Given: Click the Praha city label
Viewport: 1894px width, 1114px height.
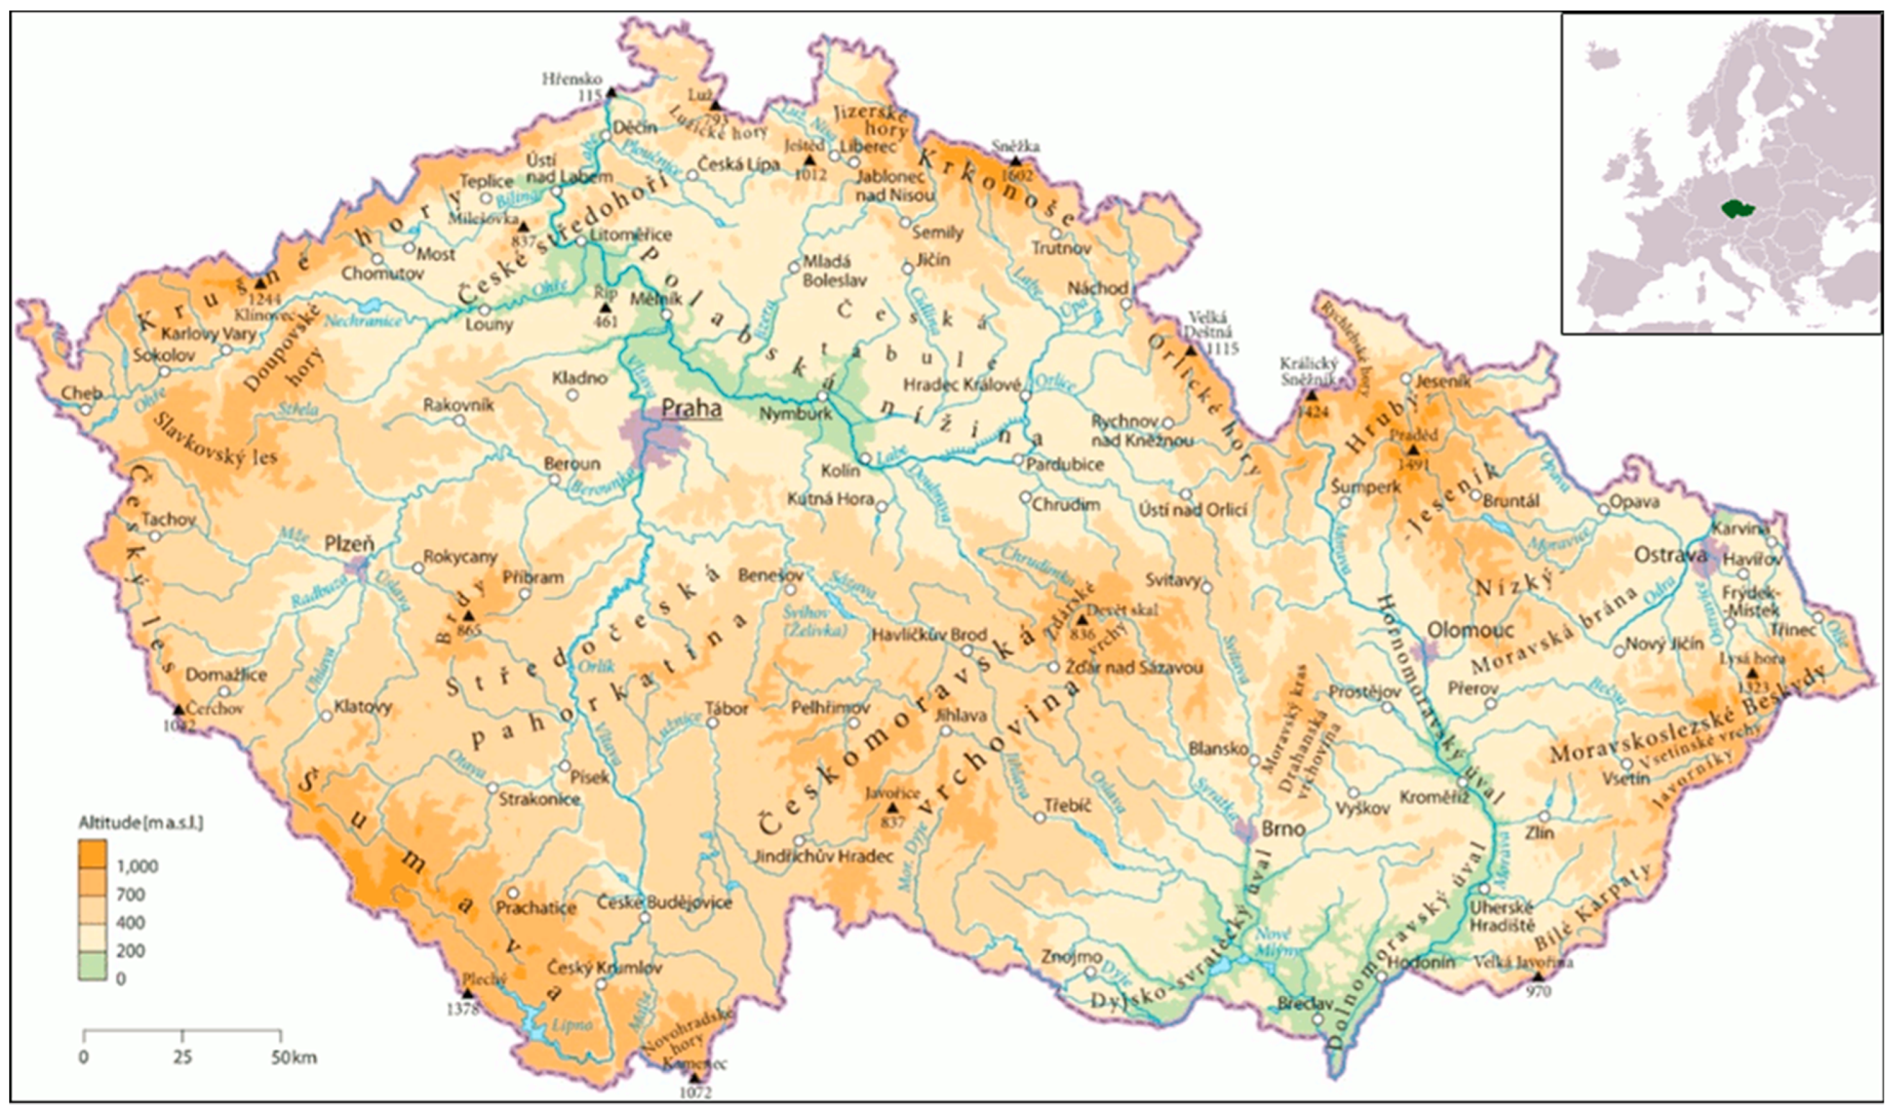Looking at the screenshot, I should [691, 409].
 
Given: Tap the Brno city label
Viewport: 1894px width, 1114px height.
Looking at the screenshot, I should [1282, 829].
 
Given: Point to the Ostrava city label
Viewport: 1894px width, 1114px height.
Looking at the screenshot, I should [1670, 555].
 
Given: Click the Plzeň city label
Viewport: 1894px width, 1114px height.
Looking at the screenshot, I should [349, 543].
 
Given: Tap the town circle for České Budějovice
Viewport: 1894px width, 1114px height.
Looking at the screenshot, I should [644, 918].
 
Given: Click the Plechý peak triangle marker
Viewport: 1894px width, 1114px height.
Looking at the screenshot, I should [467, 993].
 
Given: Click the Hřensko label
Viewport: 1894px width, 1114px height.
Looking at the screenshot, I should [572, 79].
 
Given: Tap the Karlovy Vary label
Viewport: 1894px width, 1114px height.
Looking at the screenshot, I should [209, 333].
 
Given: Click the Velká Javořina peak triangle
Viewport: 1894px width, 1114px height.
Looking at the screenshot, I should [1538, 977].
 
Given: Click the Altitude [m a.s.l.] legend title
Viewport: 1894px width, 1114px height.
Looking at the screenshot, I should [140, 823].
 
